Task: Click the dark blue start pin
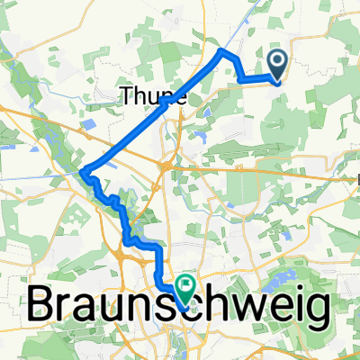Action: (x=277, y=66)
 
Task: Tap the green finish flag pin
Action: (x=185, y=290)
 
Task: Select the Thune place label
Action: (x=154, y=95)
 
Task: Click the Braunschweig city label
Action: (x=178, y=307)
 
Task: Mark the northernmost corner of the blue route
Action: (x=222, y=51)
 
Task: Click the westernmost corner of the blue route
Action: (x=82, y=171)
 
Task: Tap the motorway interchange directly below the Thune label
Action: (x=166, y=166)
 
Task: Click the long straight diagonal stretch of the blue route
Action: (x=153, y=111)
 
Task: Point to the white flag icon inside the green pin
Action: (x=185, y=287)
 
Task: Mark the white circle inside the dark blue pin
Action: (x=277, y=62)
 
